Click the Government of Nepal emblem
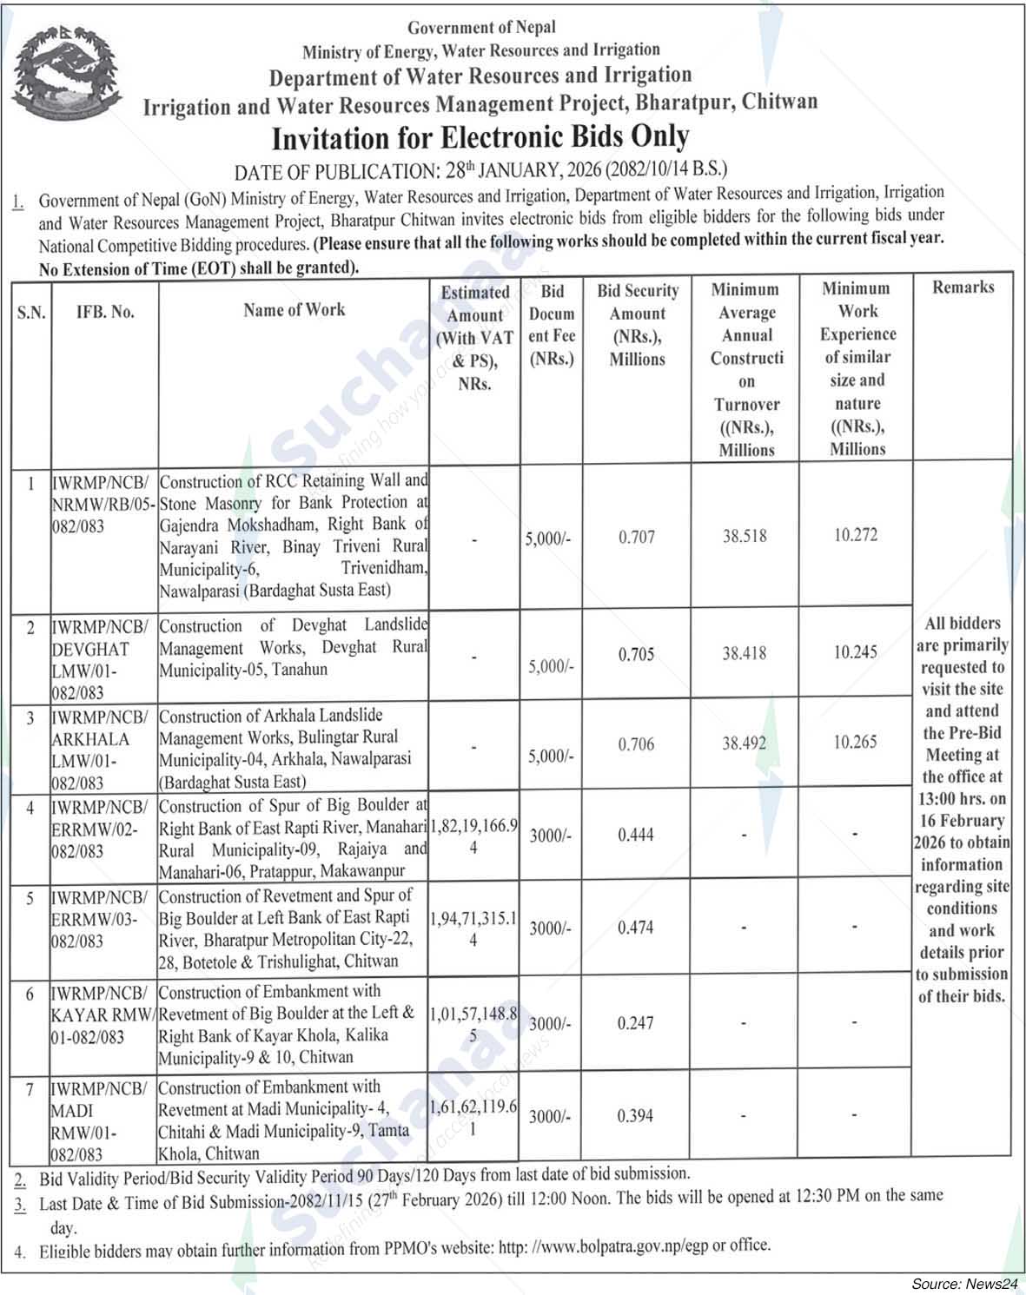click(62, 74)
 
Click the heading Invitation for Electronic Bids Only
click(480, 137)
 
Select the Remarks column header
click(963, 287)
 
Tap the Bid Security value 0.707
click(637, 538)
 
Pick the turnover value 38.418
click(745, 653)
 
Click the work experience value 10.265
click(856, 743)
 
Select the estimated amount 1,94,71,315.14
click(474, 928)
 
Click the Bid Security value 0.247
click(635, 1024)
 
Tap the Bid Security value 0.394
click(635, 1116)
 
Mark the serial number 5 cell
click(30, 898)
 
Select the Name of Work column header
click(294, 310)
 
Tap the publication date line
click(480, 168)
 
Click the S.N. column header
click(31, 313)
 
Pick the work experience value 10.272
click(856, 535)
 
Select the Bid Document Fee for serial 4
click(550, 836)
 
